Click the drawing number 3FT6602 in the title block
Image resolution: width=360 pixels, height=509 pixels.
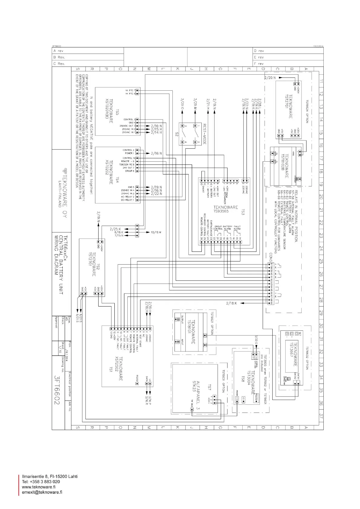coord(57,390)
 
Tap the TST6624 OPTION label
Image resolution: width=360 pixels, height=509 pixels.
coord(307,112)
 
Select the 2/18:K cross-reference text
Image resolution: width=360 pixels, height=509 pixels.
coord(231,303)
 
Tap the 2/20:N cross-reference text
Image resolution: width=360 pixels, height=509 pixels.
coord(270,78)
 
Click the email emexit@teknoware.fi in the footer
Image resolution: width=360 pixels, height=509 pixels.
coord(42,492)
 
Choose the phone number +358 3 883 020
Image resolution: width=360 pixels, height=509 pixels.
coord(41,482)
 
